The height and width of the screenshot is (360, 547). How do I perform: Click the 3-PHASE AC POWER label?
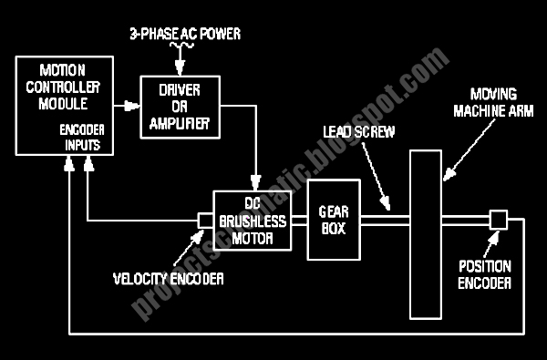(185, 34)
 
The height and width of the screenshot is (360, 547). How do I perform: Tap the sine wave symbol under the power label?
(181, 45)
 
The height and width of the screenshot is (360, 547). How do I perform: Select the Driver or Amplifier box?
(180, 108)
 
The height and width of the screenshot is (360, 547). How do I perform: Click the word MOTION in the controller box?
(62, 70)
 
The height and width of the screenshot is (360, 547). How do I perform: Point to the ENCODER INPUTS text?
(82, 137)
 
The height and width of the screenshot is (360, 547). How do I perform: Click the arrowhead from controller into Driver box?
(132, 106)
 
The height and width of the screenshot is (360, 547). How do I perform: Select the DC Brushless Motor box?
(253, 221)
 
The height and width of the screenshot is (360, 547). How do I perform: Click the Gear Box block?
(334, 220)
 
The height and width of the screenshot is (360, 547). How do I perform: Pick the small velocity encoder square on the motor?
(205, 221)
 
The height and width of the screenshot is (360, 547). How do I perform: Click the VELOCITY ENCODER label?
(168, 279)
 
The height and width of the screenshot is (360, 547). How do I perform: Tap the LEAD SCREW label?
(359, 132)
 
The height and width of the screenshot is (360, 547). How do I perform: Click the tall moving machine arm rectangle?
(426, 234)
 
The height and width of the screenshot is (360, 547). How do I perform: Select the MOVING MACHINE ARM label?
(493, 103)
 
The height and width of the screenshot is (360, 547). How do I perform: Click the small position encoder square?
(498, 220)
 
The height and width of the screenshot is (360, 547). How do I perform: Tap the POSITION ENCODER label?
(485, 274)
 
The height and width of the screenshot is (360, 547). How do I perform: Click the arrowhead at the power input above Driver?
(180, 67)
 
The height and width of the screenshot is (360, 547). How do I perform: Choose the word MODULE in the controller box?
(63, 104)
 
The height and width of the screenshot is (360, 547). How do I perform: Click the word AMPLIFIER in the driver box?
(180, 123)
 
